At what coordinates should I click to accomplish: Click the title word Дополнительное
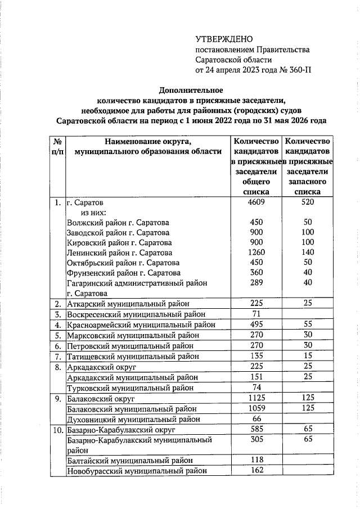pyautogui.click(x=191, y=90)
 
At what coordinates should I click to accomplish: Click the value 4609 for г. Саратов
pyautogui.click(x=256, y=202)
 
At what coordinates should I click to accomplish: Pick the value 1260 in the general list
pyautogui.click(x=256, y=253)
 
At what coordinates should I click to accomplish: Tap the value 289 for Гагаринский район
pyautogui.click(x=256, y=283)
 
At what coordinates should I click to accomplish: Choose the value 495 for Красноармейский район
pyautogui.click(x=256, y=325)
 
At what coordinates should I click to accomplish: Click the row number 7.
pyautogui.click(x=57, y=356)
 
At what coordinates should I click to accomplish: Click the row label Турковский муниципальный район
pyautogui.click(x=131, y=388)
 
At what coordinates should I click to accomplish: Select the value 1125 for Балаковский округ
pyautogui.click(x=256, y=398)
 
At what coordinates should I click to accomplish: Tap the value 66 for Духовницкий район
pyautogui.click(x=256, y=418)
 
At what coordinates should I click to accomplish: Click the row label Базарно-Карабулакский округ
pyautogui.click(x=121, y=429)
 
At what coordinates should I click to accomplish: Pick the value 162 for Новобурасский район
pyautogui.click(x=256, y=470)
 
